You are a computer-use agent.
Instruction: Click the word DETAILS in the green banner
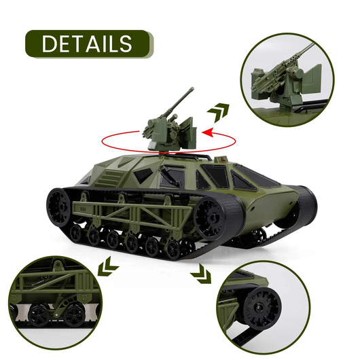(87, 44)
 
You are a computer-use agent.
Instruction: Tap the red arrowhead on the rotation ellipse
(209, 132)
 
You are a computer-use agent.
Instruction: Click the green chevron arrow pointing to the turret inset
(218, 112)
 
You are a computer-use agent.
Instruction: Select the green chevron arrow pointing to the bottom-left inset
(107, 266)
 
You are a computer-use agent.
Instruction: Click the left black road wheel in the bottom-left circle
(39, 314)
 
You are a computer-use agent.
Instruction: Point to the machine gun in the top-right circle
(283, 71)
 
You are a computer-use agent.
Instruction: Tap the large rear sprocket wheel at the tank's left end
(58, 207)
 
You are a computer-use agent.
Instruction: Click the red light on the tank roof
(222, 159)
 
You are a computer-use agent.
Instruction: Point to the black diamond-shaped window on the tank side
(143, 175)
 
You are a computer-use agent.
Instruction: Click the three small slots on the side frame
(84, 209)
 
